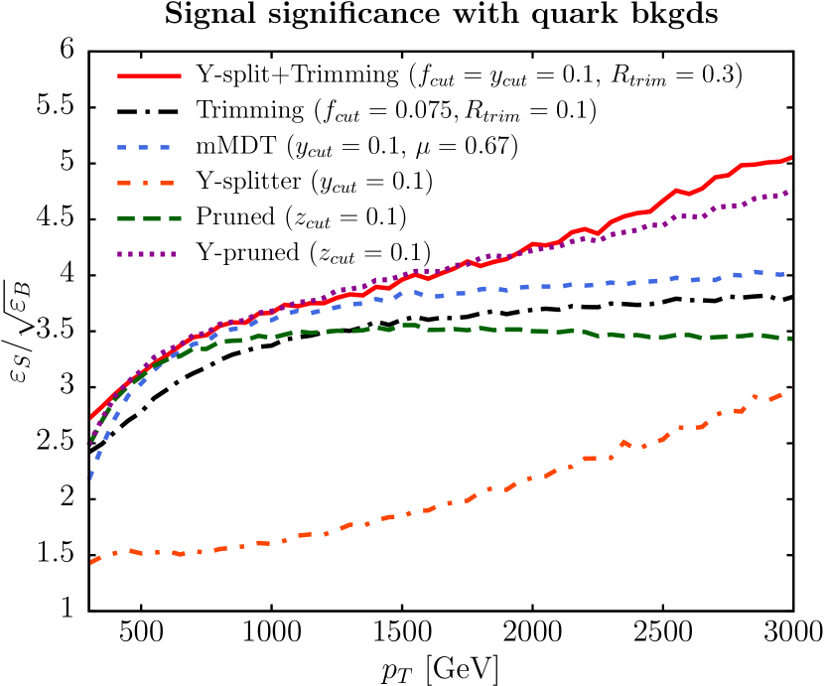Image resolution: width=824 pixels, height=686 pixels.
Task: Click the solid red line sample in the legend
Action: [149, 75]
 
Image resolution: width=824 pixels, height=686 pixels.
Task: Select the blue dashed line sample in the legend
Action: [144, 147]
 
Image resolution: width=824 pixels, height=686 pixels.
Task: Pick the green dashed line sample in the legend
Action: [149, 218]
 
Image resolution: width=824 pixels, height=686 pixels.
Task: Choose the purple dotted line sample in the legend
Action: [146, 254]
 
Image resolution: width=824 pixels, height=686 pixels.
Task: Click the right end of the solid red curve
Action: [791, 157]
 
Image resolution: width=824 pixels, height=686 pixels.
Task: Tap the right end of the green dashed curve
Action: [790, 339]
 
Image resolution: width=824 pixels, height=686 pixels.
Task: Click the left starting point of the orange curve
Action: [91, 563]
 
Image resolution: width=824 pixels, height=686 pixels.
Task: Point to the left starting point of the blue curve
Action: [89, 479]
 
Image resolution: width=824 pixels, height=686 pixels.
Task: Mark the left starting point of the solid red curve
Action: [91, 416]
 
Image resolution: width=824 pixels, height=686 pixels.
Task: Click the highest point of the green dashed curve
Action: [408, 325]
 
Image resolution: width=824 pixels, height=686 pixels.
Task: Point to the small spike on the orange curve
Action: [624, 442]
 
